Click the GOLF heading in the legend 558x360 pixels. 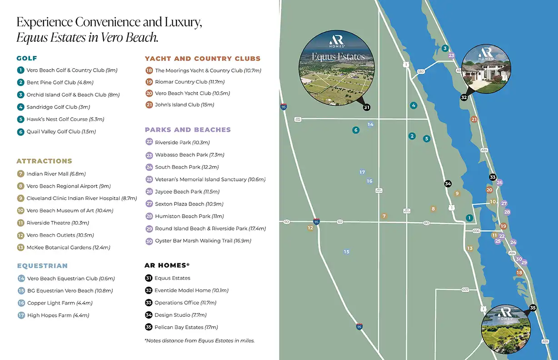click(x=27, y=58)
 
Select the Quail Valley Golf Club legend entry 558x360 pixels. click(x=61, y=132)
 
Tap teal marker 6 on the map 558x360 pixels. click(x=356, y=130)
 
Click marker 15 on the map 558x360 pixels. click(x=347, y=252)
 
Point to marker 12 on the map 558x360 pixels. click(x=310, y=228)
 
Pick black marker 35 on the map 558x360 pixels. click(x=533, y=308)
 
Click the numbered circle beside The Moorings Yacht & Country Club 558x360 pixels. click(x=149, y=70)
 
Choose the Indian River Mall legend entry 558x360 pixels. click(x=56, y=174)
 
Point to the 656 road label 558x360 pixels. click(x=476, y=231)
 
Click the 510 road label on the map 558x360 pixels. click(x=421, y=71)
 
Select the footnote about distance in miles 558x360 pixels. click(x=199, y=340)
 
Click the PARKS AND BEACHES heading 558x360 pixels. click(x=188, y=130)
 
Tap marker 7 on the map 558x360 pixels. click(x=384, y=216)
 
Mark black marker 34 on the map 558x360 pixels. click(x=448, y=184)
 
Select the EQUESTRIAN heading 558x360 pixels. click(x=42, y=266)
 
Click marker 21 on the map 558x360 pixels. click(x=474, y=120)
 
